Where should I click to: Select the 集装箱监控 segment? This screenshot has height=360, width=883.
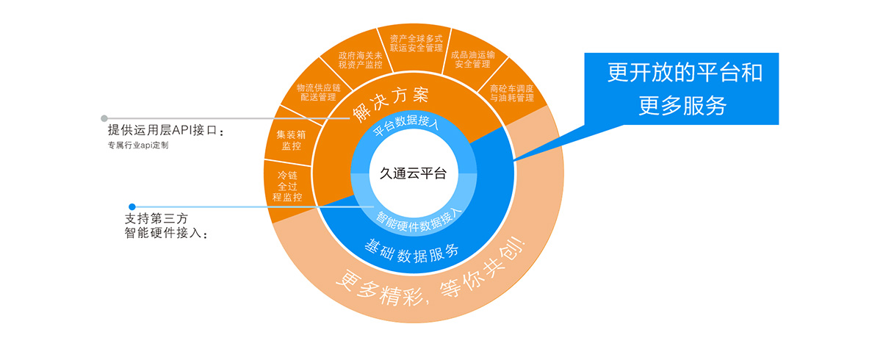coord(289,140)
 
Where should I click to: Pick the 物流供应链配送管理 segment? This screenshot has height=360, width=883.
coord(315,92)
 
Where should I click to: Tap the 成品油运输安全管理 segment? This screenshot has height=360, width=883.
coord(472,59)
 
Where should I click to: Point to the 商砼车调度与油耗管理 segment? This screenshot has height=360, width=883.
coord(511,93)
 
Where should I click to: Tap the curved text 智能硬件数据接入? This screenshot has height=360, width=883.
coord(419,217)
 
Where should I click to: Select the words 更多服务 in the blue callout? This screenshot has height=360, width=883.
coord(682,107)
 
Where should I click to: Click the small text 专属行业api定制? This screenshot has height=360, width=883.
coord(138,145)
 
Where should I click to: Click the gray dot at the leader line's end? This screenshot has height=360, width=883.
coord(104,118)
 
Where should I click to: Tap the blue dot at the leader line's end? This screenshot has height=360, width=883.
coord(132,206)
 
